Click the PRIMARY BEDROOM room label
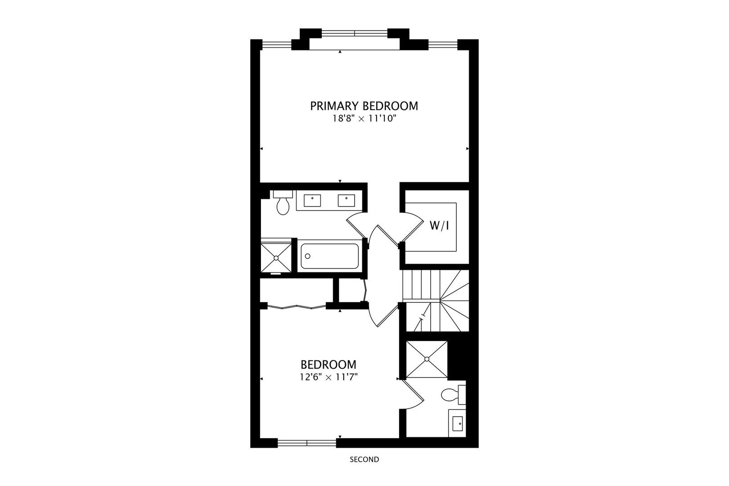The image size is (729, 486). click(364, 106)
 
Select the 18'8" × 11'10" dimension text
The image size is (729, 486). click(364, 119)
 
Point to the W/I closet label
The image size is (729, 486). click(439, 226)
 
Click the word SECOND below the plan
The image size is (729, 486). click(364, 459)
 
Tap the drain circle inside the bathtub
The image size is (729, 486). click(308, 256)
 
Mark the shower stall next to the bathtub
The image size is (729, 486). click(276, 257)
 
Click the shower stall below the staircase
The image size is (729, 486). click(427, 359)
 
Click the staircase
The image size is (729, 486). click(436, 300)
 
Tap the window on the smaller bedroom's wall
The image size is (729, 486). click(307, 443)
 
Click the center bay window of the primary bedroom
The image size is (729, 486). click(354, 33)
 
